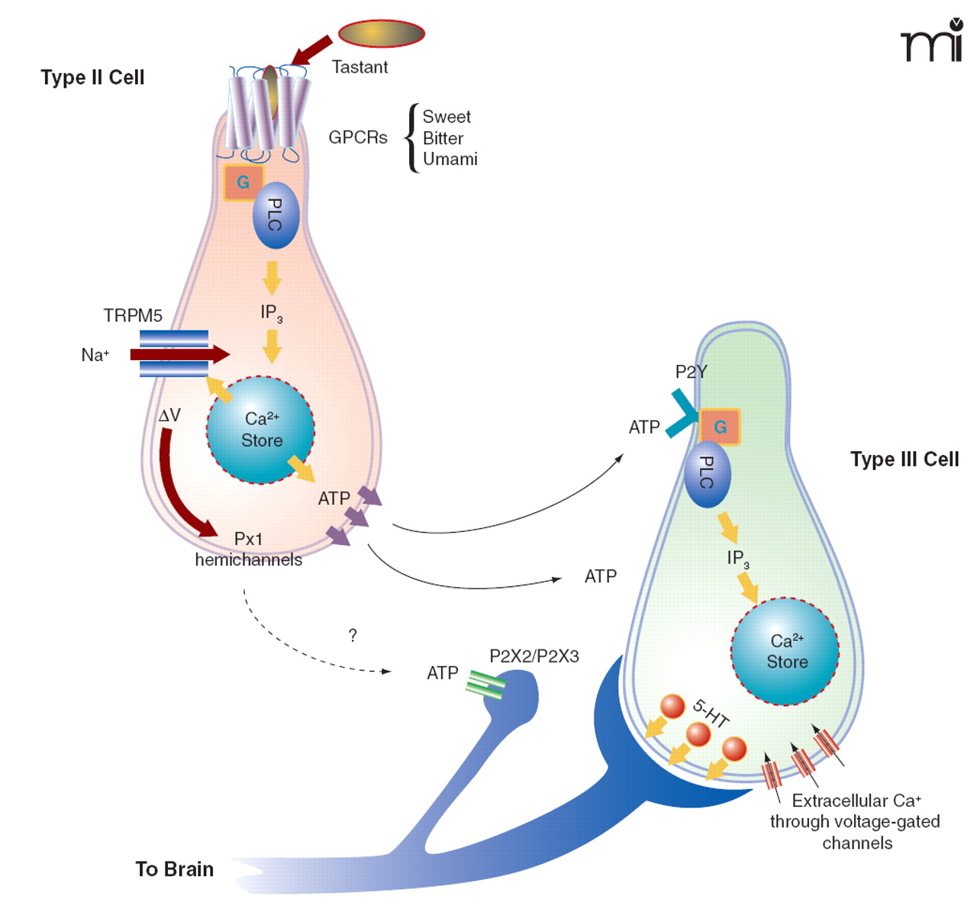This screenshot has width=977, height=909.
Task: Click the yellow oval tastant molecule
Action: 381,34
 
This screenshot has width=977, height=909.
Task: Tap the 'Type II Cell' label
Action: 92,77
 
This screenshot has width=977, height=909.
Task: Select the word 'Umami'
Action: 450,159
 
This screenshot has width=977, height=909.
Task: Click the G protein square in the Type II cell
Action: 243,182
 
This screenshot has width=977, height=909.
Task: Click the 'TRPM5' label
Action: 133,315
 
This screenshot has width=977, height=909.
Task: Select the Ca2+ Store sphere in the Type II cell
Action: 261,430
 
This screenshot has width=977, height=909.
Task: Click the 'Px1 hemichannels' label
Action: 248,550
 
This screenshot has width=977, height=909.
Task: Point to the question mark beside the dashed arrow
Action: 353,635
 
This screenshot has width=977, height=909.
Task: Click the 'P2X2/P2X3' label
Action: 534,656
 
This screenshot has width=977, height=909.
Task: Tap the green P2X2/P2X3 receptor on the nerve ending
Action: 486,685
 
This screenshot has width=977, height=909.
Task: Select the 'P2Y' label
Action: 691,372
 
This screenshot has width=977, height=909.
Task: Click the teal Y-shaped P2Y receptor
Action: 682,413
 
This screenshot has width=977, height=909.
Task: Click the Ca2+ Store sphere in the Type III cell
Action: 785,651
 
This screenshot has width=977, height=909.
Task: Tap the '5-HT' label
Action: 711,713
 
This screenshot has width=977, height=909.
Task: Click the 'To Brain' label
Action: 174,869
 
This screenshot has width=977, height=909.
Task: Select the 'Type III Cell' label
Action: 904,459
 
